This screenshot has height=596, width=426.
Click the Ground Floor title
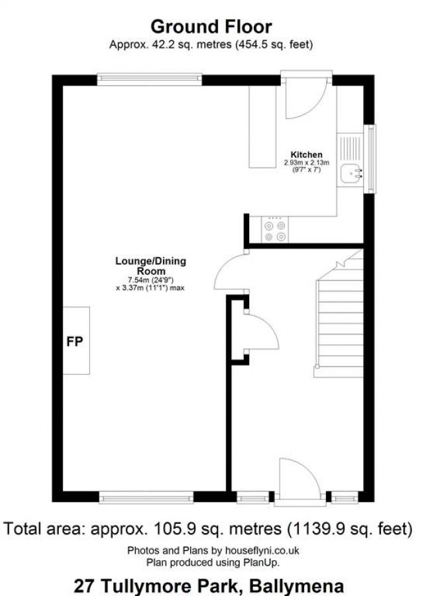click(x=211, y=26)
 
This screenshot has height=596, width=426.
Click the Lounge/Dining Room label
click(x=151, y=266)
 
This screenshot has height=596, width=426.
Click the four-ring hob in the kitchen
click(x=275, y=230)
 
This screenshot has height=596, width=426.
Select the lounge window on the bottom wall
click(x=146, y=496)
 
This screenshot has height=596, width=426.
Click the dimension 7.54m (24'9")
click(x=151, y=280)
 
